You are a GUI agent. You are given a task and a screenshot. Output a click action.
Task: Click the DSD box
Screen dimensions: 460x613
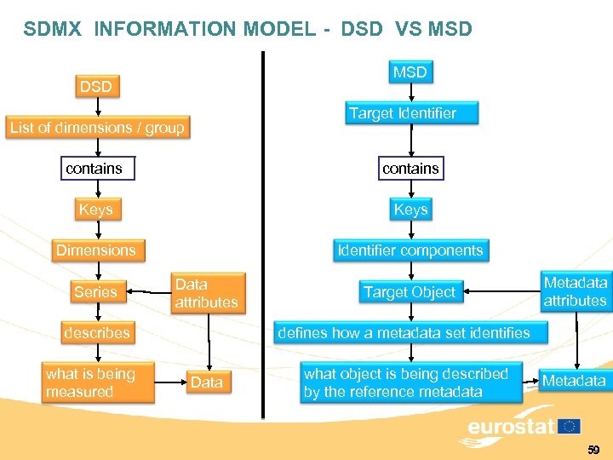point(95,86)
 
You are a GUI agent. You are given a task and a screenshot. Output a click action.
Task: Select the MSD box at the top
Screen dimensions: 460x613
point(410,72)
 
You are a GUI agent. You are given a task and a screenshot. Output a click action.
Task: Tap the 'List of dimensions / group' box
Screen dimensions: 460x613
point(96,128)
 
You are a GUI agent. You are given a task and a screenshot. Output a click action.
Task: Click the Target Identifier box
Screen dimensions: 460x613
point(414,113)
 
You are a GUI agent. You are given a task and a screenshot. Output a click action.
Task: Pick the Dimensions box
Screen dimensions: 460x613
point(95,250)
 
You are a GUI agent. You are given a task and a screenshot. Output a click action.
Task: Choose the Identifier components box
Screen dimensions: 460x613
point(410,250)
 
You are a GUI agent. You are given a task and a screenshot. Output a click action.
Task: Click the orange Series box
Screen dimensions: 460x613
point(95,292)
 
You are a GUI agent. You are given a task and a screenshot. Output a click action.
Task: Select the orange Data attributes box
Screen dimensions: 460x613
point(206,293)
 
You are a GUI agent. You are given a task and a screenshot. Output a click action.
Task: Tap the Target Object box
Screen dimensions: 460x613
point(410,292)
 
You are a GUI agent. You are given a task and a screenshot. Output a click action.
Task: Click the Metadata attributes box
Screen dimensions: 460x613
point(575,291)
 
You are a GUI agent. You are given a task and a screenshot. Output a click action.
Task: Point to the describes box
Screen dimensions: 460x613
point(96,333)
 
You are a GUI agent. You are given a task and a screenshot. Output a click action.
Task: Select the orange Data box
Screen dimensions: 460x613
point(207,382)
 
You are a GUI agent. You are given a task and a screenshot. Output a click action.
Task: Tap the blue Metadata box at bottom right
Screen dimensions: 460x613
point(574,381)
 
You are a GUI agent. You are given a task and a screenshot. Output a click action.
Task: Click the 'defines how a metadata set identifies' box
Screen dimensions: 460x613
point(404,333)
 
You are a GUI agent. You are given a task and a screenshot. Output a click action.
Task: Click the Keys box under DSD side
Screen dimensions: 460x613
point(95,210)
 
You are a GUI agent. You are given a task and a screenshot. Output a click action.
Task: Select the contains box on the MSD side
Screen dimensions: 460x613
point(410,169)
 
